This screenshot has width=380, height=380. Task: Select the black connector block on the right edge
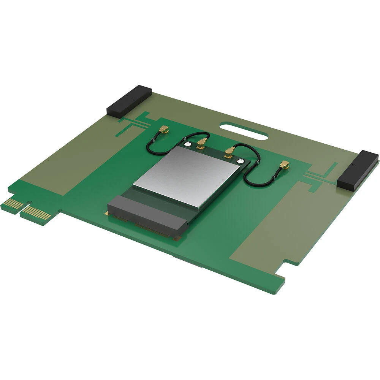pos(358,170)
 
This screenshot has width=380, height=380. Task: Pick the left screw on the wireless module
pos(187,144)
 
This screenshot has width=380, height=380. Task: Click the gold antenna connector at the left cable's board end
pos(164,130)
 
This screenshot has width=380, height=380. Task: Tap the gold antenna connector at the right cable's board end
pos(283,165)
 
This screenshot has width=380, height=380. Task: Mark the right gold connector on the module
pos(229,152)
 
